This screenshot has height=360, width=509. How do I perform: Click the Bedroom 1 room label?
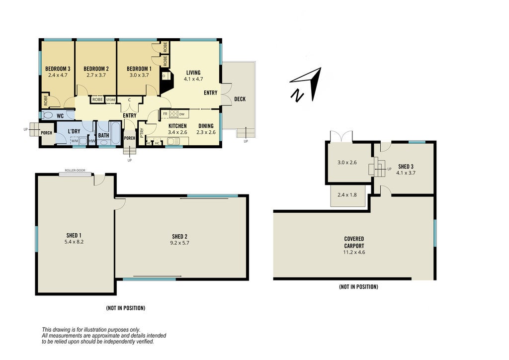click(x=139, y=69)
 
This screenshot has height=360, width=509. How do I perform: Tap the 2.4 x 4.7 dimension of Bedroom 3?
click(x=58, y=75)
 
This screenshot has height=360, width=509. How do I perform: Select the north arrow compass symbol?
click(x=306, y=85)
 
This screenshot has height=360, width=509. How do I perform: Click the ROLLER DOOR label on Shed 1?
click(x=75, y=171)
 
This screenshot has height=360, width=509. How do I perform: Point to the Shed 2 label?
click(x=179, y=237)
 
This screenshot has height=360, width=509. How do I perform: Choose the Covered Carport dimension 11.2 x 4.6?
click(x=354, y=252)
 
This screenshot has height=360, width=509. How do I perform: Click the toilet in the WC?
click(x=48, y=115)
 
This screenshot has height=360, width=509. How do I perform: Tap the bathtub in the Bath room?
click(x=115, y=134)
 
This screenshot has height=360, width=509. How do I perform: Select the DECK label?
click(x=240, y=99)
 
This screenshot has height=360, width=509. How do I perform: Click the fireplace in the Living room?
click(x=167, y=82)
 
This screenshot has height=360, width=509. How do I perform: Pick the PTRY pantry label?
click(x=142, y=133)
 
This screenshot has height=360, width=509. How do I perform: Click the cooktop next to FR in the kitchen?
click(x=173, y=114)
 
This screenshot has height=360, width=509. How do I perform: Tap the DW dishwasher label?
click(x=182, y=114)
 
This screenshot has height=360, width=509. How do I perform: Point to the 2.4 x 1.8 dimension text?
click(x=347, y=195)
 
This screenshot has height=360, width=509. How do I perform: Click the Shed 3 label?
click(x=406, y=167)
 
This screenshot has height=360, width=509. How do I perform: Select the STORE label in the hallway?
click(x=111, y=99)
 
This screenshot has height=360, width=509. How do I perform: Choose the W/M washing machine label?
click(x=75, y=141)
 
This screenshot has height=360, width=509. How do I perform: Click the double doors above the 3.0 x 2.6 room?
click(x=341, y=136)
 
